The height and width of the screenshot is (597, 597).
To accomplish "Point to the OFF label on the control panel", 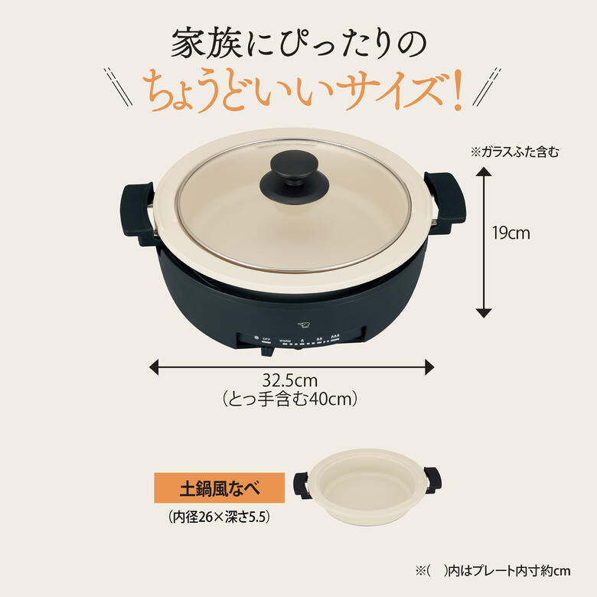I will [266, 338].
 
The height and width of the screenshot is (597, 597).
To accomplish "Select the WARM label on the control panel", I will [285, 338].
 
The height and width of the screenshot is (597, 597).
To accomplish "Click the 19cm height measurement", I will [511, 233].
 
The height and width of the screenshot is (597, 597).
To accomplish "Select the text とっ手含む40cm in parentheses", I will [290, 399].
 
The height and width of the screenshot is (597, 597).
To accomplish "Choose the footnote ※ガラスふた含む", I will [514, 152].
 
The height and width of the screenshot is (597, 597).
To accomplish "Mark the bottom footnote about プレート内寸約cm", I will [493, 571].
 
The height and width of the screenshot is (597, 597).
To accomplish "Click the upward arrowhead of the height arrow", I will [483, 172].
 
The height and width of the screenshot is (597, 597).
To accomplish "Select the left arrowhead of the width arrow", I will [154, 367].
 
